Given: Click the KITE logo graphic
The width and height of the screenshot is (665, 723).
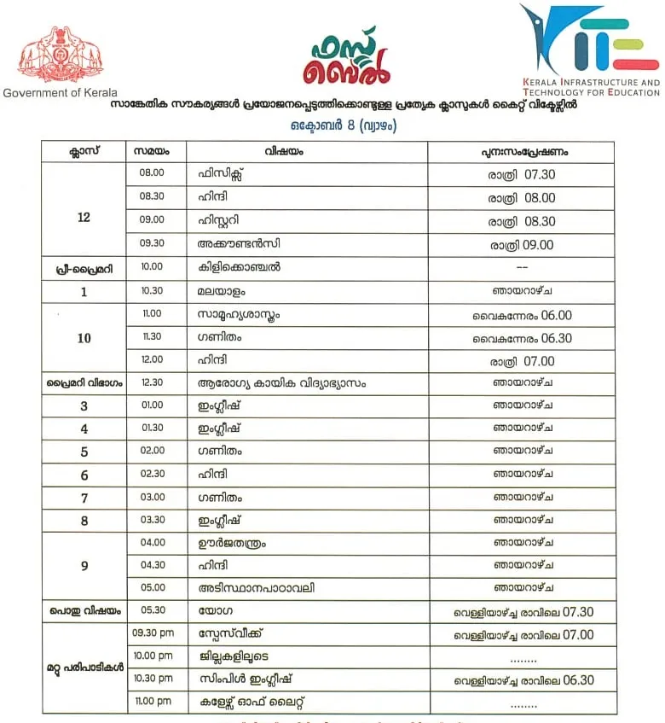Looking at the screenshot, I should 583,40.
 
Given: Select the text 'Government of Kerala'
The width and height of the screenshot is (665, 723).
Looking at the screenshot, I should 61,92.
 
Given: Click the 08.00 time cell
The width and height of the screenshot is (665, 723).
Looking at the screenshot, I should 151,175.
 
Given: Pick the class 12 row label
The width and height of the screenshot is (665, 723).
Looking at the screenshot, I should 84,218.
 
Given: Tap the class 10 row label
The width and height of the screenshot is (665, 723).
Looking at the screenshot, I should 84,338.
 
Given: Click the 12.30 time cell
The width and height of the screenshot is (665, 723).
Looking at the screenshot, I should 152,383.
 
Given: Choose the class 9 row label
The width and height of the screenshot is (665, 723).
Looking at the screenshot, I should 84,565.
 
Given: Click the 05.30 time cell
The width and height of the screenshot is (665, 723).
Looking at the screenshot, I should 152,610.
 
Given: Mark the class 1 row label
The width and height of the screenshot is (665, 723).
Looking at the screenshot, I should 84,291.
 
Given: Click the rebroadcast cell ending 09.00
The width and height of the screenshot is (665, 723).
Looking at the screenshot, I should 521,244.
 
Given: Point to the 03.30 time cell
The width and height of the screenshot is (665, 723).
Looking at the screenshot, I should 152,519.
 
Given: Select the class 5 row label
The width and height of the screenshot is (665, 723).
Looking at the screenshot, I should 84,452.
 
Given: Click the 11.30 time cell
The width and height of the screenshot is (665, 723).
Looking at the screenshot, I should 151,337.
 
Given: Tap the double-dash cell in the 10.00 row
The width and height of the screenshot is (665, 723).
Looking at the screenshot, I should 521,267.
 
